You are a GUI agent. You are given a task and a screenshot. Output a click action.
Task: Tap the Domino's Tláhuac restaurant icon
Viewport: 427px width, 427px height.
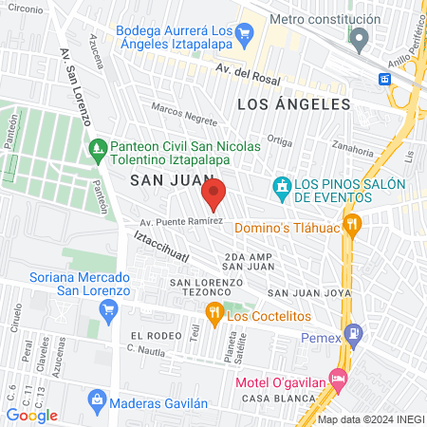pyautogui.click(x=353, y=224)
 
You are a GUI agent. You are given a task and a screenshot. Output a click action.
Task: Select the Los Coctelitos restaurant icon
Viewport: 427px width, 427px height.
pyautogui.click(x=215, y=313)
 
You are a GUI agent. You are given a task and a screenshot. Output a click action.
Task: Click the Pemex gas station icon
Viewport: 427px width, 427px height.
pyautogui.click(x=354, y=332)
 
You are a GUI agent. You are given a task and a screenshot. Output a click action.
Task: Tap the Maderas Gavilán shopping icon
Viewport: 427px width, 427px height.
pyautogui.click(x=96, y=401)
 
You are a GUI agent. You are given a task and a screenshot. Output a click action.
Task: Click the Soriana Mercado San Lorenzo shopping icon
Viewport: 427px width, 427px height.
pyautogui.click(x=108, y=308)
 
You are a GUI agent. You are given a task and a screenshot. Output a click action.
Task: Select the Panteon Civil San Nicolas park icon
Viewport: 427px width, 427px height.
pyautogui.click(x=97, y=148)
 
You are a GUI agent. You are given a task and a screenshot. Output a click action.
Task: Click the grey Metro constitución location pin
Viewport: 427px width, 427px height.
pyautogui.click(x=360, y=39)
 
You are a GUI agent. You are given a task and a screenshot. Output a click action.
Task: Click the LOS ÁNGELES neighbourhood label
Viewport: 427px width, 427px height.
pyautogui.click(x=294, y=103)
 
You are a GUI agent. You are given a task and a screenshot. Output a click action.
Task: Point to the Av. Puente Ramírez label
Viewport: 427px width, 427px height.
pyautogui.click(x=180, y=221)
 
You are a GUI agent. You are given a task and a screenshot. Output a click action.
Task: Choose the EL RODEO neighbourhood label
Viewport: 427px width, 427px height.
pyautogui.click(x=155, y=336)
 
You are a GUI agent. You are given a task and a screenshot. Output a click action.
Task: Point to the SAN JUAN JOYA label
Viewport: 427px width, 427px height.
pyautogui.click(x=304, y=293)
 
